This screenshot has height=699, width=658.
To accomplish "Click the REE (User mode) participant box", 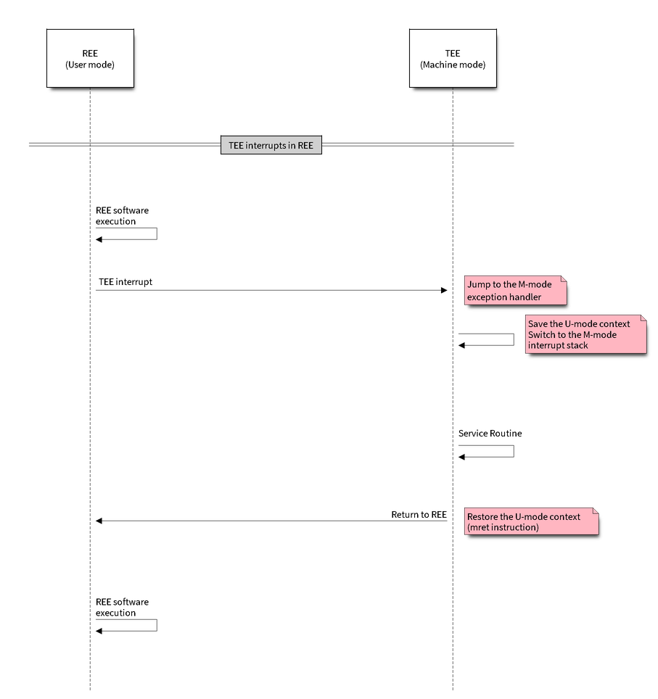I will tap(90, 59).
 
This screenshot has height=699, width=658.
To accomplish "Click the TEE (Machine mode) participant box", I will tap(453, 59).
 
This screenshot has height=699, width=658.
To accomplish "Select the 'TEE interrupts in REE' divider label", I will tap(271, 145).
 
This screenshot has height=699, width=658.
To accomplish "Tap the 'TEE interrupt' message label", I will tap(124, 281).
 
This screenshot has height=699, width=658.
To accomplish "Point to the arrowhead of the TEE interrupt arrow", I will tap(445, 291).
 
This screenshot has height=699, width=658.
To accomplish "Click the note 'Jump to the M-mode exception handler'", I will tap(514, 291).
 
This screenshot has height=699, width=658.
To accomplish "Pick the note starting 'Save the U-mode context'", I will tap(585, 334).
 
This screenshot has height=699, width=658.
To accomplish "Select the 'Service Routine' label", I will tap(490, 434).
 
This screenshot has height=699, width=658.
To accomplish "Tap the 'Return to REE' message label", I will tap(419, 514).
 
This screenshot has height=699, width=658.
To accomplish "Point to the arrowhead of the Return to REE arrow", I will tap(99, 521).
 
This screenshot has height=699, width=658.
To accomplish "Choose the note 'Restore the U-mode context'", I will tap(530, 521).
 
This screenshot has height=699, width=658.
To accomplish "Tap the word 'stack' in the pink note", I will tap(577, 345).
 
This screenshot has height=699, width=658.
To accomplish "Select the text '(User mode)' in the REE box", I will tap(90, 65).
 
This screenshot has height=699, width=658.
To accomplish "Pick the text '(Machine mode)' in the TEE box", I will tap(453, 65).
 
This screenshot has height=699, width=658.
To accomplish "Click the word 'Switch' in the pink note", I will tap(542, 334).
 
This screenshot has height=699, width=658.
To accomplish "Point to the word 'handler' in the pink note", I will tap(525, 297).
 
